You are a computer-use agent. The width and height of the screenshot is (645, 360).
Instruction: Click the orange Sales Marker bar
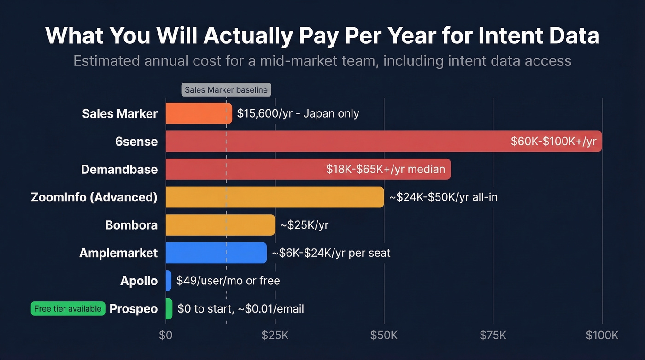coord(199,113)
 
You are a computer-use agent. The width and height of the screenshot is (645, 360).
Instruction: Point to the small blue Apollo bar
coord(169,281)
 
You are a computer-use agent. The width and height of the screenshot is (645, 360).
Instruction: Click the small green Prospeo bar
coord(169,308)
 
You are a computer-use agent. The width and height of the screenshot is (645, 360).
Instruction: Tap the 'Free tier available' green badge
coord(68,308)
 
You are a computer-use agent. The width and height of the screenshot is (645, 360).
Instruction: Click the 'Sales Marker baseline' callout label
coord(226,90)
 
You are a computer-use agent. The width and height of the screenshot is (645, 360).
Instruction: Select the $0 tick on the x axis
coord(165,335)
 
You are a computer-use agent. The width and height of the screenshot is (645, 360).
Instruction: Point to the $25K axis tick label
coord(275,335)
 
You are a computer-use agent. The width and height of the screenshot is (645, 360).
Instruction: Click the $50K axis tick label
coord(384,335)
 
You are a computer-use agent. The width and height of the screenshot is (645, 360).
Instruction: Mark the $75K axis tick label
coord(493,335)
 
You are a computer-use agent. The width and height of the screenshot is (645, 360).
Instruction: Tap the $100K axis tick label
coord(602,335)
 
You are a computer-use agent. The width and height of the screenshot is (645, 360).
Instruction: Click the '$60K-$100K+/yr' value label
coord(553,142)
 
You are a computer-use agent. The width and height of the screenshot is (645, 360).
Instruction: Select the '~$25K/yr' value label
coord(304,225)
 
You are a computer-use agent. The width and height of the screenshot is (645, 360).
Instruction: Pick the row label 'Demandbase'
coord(119,170)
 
